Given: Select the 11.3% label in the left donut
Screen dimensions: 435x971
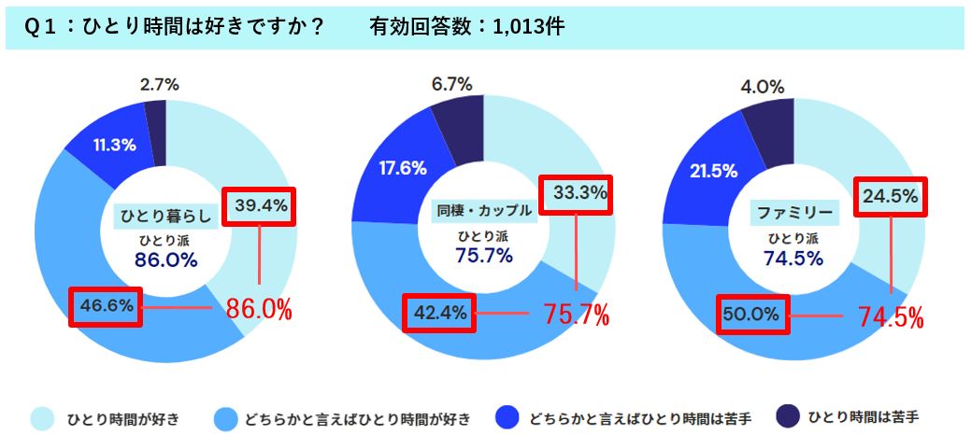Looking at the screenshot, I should (x=116, y=145).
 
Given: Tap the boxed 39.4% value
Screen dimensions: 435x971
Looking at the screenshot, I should (x=260, y=205).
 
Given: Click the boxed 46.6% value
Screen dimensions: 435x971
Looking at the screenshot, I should (x=105, y=304).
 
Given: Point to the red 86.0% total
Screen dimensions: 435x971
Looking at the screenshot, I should (x=260, y=309).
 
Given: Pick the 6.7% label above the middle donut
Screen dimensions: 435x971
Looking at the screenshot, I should (x=453, y=85).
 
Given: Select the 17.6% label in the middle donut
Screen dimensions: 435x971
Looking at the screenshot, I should (x=404, y=168).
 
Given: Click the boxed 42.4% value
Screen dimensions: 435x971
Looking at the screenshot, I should (x=438, y=314).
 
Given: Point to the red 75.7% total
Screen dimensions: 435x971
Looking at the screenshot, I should (x=577, y=315).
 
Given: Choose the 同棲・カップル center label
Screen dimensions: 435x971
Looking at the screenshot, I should (x=484, y=210).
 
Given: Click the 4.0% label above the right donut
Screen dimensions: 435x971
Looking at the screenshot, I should (x=763, y=87).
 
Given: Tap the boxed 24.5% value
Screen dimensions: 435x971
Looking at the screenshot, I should (x=892, y=198).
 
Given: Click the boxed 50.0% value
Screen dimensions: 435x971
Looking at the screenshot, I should (x=753, y=316).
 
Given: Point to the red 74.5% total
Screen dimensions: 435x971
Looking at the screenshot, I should (x=892, y=316).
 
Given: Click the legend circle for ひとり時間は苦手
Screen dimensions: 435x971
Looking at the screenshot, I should (x=783, y=415).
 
